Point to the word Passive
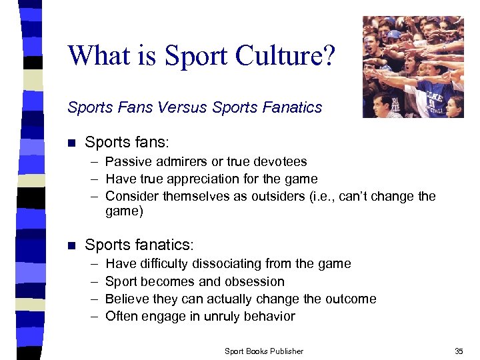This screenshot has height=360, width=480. (127, 161)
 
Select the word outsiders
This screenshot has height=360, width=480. (261, 196)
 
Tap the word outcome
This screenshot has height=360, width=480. (349, 299)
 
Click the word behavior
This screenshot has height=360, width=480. (267, 316)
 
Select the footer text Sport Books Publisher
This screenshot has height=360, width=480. (264, 351)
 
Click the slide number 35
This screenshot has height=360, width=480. (458, 351)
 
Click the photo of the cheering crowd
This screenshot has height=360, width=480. (413, 67)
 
